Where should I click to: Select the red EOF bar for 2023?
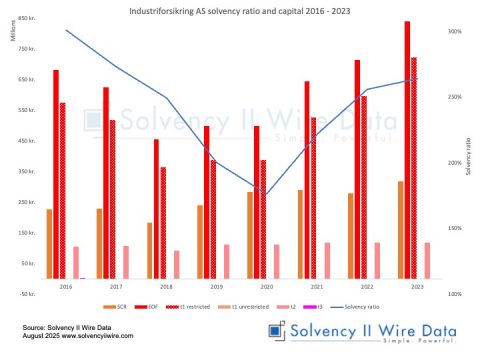point(407,150)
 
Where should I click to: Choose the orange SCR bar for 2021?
point(300,234)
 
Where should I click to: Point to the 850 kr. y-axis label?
point(29,18)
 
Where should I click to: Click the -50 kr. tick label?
point(29,294)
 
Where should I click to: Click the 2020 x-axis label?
point(265,287)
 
